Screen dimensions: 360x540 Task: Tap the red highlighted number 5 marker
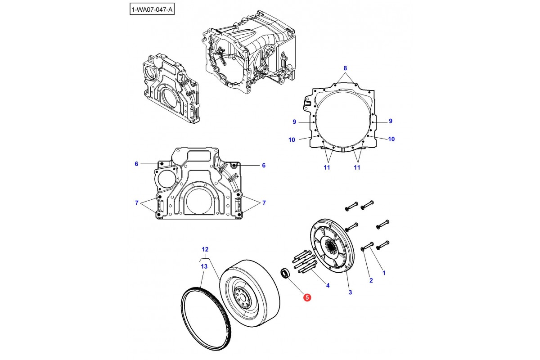[x=307, y=297]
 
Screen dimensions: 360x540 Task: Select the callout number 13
[x=204, y=266]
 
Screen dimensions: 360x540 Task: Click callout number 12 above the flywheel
[x=205, y=249]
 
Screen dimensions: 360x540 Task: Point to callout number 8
[x=346, y=68]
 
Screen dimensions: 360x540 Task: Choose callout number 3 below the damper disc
[x=350, y=292]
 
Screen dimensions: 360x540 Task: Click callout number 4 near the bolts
[x=328, y=285]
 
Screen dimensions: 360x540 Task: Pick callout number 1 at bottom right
[x=383, y=272]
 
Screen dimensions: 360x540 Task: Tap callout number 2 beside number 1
[x=371, y=281]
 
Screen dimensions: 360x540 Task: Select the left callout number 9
[x=294, y=121]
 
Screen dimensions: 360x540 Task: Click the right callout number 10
[x=391, y=139]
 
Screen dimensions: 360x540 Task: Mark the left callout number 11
[x=327, y=167]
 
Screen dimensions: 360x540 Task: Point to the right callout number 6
[x=264, y=165]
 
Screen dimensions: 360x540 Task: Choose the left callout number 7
[x=136, y=203]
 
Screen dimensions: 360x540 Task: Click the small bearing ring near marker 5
[x=285, y=273]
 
